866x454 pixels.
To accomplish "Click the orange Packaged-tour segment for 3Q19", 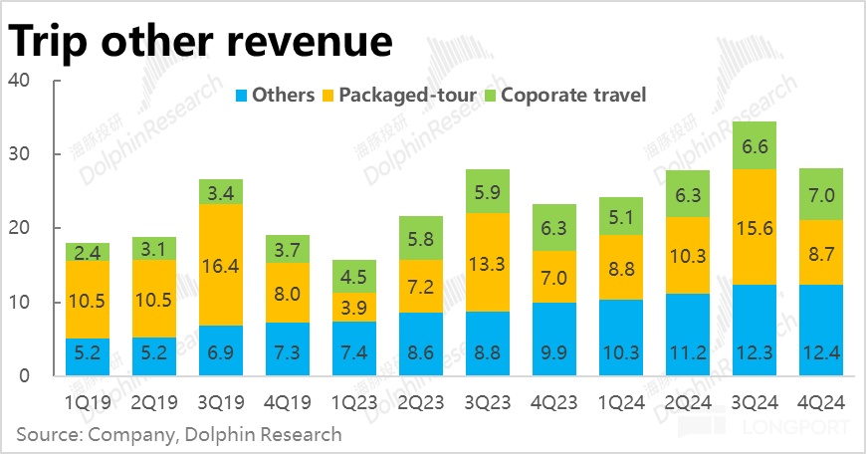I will (220, 265).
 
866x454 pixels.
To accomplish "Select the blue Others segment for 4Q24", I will (822, 330).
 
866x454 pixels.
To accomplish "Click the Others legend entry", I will (273, 96).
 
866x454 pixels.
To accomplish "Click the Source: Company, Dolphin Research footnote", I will (179, 434).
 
